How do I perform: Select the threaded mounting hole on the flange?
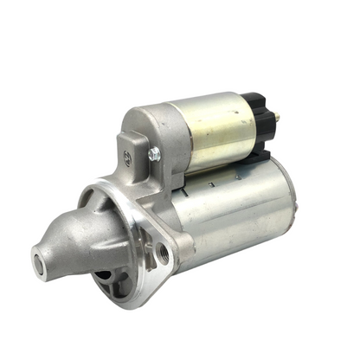[x=163, y=253]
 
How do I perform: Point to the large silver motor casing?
[x=234, y=216]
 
